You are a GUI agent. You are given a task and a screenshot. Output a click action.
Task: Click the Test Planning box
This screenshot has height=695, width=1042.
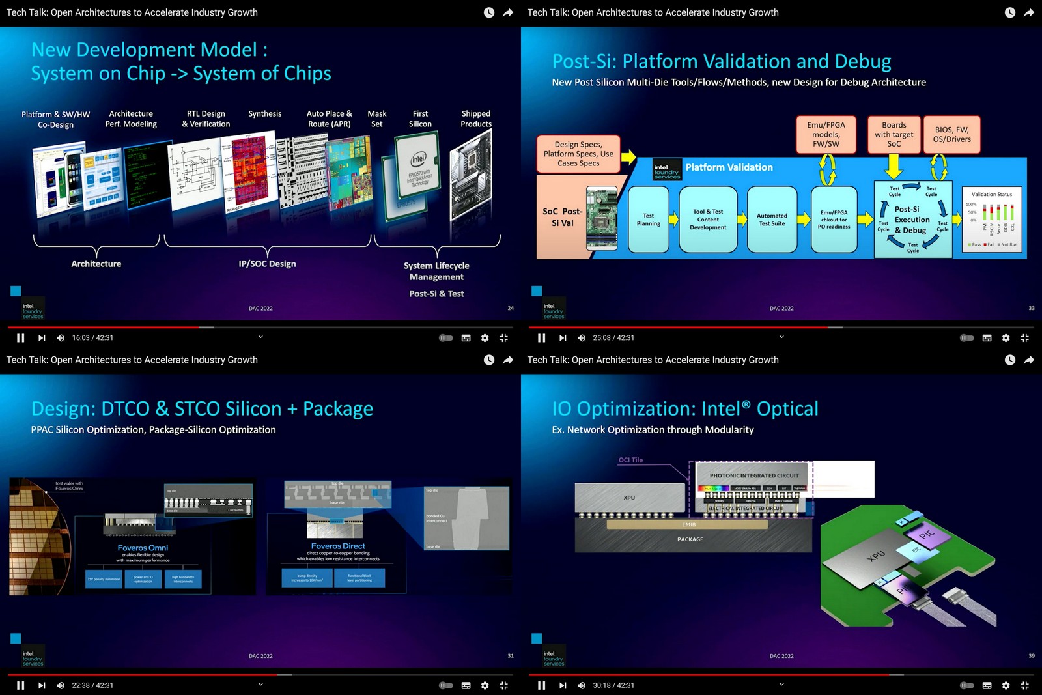pos(648,220)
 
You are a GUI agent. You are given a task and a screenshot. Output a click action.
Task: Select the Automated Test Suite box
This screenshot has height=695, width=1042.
pos(772,220)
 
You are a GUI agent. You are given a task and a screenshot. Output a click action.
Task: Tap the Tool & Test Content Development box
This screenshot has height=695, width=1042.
pos(708,220)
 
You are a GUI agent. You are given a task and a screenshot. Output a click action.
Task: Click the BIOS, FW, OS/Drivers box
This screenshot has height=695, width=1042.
pos(951,135)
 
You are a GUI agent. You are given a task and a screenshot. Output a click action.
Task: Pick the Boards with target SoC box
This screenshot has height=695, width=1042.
pos(894,135)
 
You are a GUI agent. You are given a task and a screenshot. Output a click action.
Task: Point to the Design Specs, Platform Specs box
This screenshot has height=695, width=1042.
pos(578,154)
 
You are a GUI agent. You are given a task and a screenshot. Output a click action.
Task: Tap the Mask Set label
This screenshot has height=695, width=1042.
pos(376,119)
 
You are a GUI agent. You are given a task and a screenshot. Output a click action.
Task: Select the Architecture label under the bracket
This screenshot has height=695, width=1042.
pos(96,264)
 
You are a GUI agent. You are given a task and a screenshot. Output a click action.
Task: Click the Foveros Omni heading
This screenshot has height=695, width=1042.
pos(143,548)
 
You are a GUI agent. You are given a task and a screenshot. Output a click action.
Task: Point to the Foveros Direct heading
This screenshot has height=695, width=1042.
pos(338,546)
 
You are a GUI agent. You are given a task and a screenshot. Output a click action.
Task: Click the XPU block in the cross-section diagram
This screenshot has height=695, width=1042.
pos(629,498)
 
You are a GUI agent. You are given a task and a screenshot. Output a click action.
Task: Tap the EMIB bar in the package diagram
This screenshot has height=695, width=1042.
pos(689,524)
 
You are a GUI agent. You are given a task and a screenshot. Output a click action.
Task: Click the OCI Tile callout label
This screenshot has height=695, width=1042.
pos(630,460)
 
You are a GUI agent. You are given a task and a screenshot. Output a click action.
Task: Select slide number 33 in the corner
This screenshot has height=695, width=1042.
pos(1031,308)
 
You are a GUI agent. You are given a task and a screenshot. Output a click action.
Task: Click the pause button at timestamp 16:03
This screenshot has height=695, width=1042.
pos(20,337)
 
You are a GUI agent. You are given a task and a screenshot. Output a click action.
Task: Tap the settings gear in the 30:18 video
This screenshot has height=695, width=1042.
pos(1006,685)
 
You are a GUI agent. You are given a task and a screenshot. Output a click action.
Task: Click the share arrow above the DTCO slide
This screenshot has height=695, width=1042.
pos(508,360)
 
